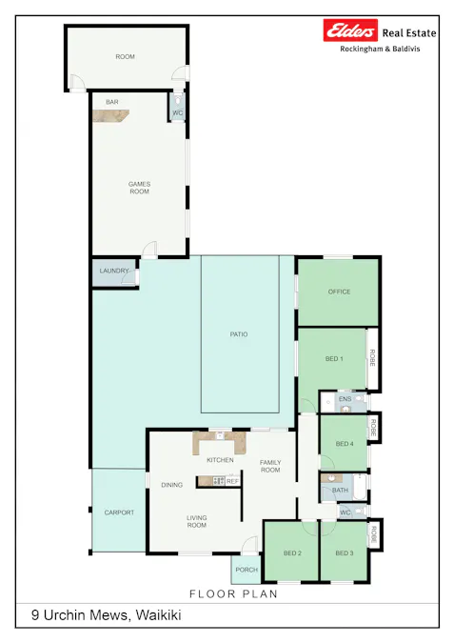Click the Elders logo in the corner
click(351, 31)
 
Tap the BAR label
click(112, 101)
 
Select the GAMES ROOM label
click(139, 188)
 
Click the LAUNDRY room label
click(113, 271)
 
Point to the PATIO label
click(239, 334)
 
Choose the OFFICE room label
click(339, 291)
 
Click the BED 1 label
click(334, 358)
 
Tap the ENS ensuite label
click(344, 398)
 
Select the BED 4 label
click(344, 444)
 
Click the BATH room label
click(340, 491)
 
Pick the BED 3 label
click(344, 553)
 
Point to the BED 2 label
click(292, 553)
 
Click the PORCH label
click(247, 570)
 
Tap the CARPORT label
click(119, 512)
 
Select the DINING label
click(171, 485)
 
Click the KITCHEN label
click(220, 460)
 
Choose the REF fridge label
click(232, 481)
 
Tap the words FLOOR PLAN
click(233, 593)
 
